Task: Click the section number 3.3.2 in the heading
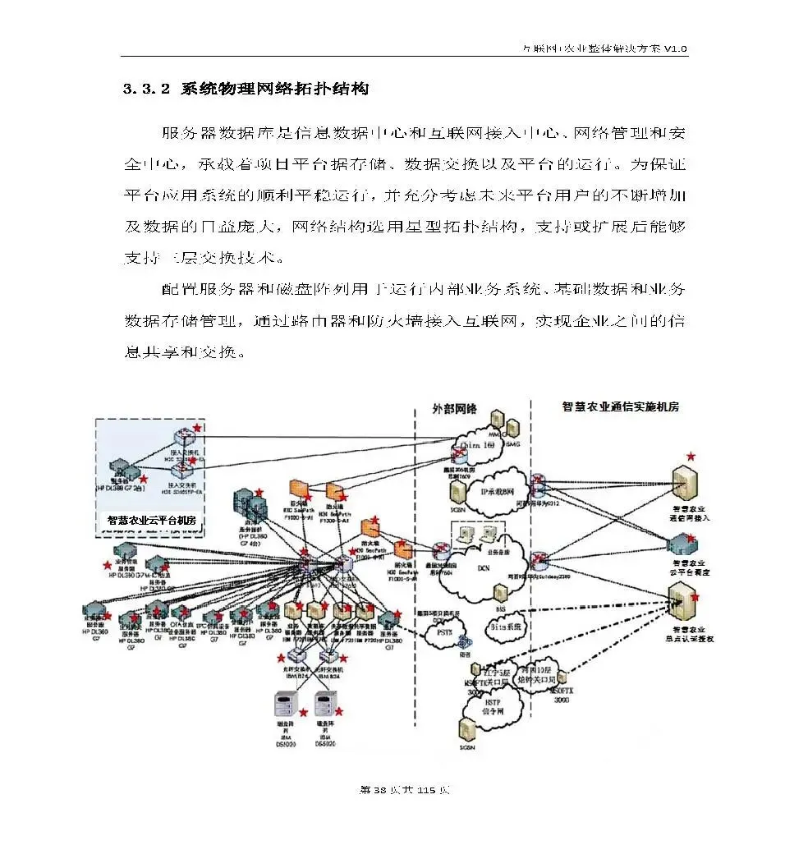[x=146, y=90]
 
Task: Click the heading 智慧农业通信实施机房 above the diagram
[x=620, y=406]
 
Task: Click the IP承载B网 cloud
[x=492, y=491]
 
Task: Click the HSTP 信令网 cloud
[x=493, y=707]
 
